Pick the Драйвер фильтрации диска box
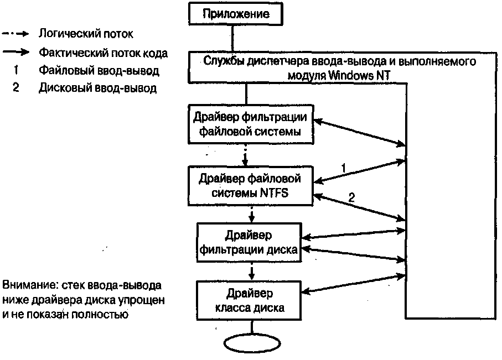click(x=249, y=242)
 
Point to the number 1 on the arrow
click(x=344, y=166)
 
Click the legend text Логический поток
click(x=86, y=34)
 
